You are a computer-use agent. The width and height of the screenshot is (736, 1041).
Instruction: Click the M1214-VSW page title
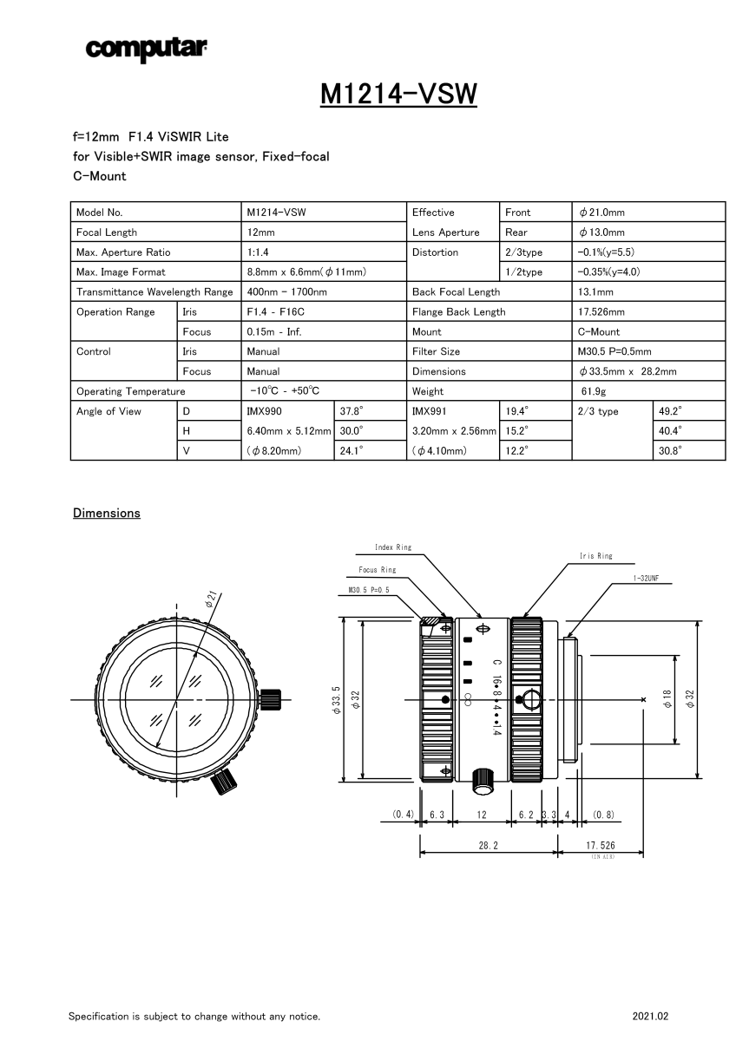[x=398, y=93]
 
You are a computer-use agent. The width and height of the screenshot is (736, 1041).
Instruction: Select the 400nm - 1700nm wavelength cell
[x=287, y=292]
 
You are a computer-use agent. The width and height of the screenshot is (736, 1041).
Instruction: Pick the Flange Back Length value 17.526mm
[x=601, y=312]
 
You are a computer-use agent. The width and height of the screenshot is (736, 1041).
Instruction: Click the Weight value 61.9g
[x=594, y=391]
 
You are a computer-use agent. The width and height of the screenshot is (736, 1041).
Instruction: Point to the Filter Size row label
[x=436, y=351]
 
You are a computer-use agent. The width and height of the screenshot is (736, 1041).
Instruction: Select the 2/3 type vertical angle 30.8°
[x=671, y=451]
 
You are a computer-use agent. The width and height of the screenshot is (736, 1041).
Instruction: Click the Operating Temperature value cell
[x=286, y=391]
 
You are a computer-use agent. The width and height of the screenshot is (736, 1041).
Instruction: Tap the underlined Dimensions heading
[x=107, y=514]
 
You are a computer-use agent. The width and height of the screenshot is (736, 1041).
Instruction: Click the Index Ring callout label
[x=393, y=547]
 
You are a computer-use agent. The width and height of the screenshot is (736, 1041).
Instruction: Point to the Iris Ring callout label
[x=595, y=556]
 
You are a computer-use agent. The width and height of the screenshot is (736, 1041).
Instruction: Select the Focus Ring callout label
[x=377, y=570]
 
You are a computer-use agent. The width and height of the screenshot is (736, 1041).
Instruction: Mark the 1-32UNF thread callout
[x=652, y=578]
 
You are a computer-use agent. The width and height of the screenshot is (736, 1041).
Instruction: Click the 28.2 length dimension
[x=488, y=844]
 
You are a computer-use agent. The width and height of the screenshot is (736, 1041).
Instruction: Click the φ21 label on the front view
[x=212, y=598]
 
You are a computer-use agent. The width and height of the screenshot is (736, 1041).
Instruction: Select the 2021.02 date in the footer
[x=651, y=1016]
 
